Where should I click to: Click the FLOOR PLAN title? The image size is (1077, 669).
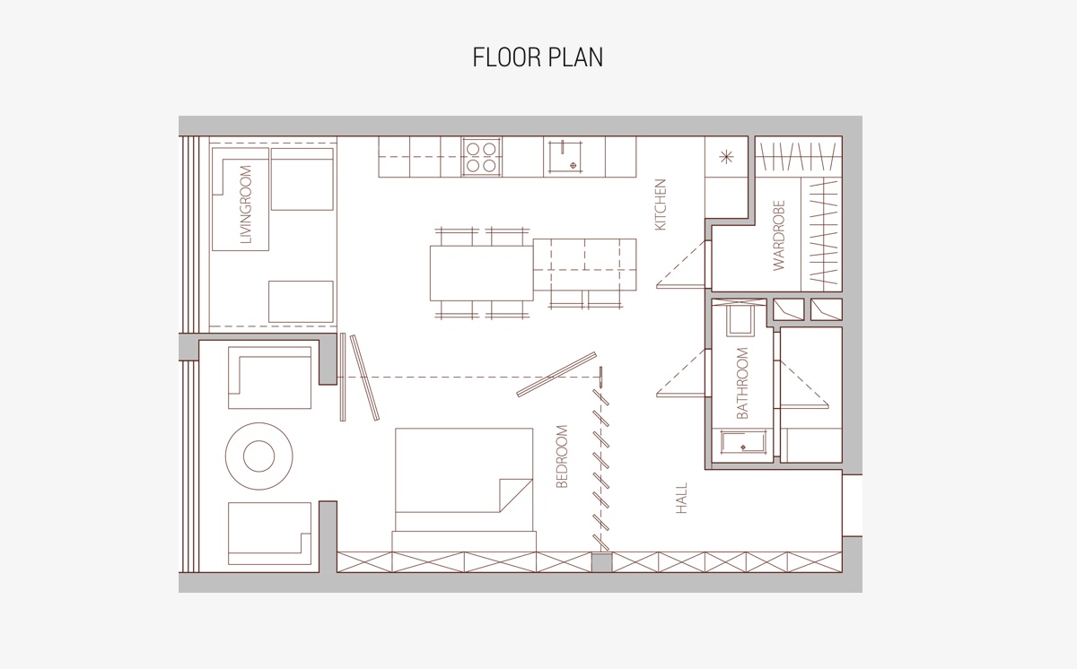click(538, 57)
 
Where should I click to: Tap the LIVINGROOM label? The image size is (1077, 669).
click(246, 204)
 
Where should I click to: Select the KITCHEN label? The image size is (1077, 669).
click(661, 204)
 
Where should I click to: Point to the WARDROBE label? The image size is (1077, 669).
click(778, 235)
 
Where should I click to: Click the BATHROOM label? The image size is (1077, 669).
click(742, 383)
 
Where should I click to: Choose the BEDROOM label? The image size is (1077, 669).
click(562, 456)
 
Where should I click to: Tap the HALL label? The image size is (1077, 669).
click(681, 498)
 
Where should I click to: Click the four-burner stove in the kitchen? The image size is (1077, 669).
click(481, 157)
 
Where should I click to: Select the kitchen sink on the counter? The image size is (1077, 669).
click(565, 157)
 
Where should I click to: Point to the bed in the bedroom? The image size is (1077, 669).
click(464, 490)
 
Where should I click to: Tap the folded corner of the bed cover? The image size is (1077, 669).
click(516, 495)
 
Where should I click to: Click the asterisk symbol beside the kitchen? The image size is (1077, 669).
click(726, 157)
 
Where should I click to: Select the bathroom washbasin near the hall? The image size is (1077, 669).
click(743, 442)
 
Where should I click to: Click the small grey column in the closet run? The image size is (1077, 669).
click(601, 562)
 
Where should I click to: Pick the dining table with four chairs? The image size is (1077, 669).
click(482, 274)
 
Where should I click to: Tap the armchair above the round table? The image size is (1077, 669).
click(270, 378)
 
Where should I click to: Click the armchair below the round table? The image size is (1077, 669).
click(270, 534)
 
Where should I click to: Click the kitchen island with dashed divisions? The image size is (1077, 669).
click(584, 265)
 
